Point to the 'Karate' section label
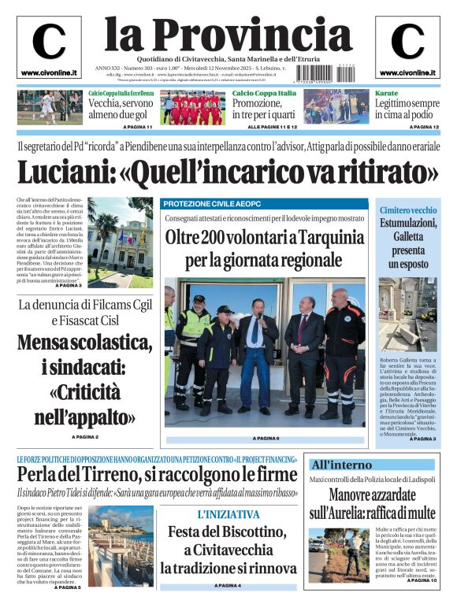pos(386,93)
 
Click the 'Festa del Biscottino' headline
pos(228,532)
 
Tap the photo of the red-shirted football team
pos(191,108)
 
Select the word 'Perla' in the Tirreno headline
pos(40,474)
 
